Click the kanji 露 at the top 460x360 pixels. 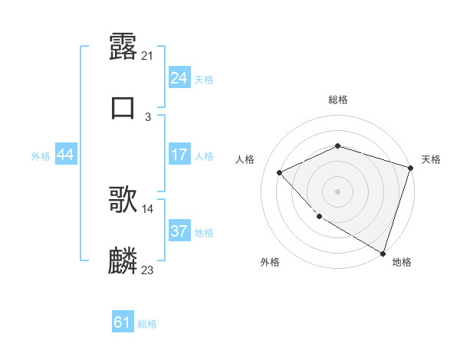[x=123, y=47]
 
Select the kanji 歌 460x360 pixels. [x=123, y=201]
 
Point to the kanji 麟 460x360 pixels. [x=123, y=261]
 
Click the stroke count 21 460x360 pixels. [x=148, y=55]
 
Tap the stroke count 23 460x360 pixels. [x=148, y=270]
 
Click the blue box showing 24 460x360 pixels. [x=179, y=78]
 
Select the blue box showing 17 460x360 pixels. [x=179, y=155]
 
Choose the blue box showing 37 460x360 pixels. [x=179, y=231]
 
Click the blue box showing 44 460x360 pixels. [x=66, y=155]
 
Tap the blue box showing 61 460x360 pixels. [x=123, y=322]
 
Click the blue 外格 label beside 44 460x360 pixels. [x=41, y=155]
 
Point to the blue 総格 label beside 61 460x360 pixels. [x=147, y=323]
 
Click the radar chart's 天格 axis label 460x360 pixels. [x=431, y=159]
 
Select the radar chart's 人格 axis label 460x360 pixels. [x=245, y=159]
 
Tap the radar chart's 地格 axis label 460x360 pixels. [x=402, y=262]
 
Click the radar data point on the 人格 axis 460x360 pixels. [x=280, y=172]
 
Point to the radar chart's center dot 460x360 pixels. [x=337, y=191]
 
